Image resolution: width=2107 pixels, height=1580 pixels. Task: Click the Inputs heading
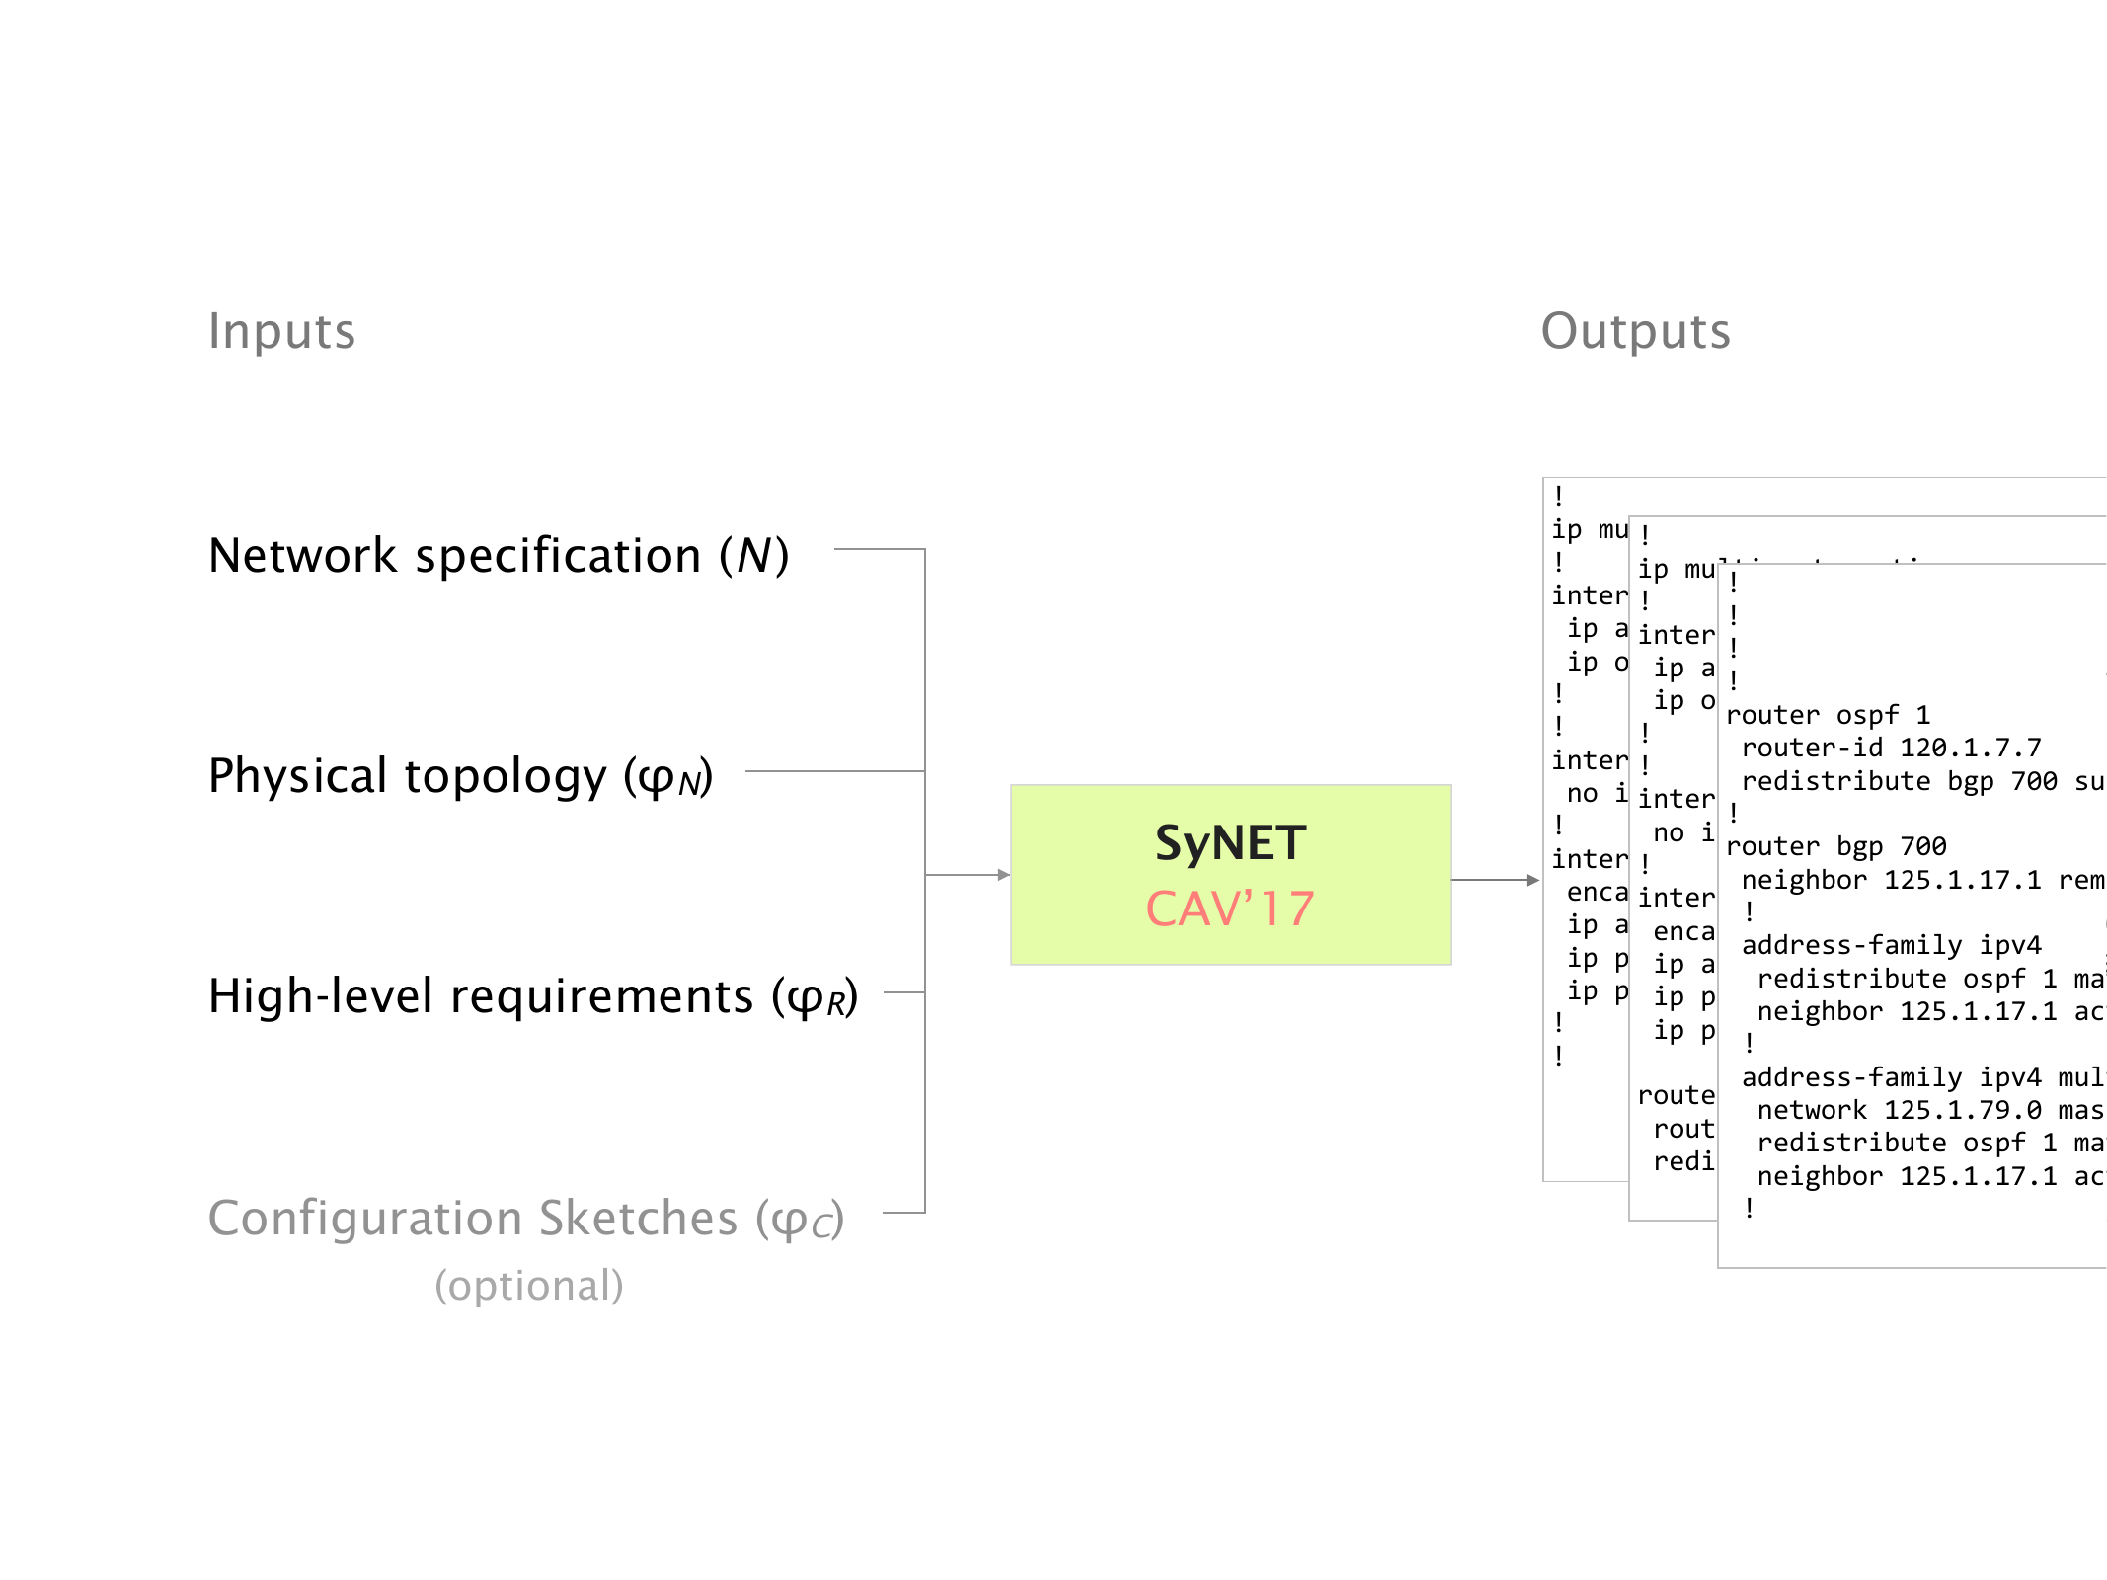pyautogui.click(x=281, y=331)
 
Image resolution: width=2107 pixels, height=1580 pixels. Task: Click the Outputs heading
pyautogui.click(x=1635, y=331)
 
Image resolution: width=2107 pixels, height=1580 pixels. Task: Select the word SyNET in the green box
pyautogui.click(x=1230, y=843)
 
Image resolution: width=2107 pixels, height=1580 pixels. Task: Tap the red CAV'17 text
pyautogui.click(x=1230, y=908)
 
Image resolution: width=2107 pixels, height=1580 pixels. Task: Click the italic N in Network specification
pyautogui.click(x=754, y=556)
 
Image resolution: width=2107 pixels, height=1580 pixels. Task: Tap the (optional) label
pyautogui.click(x=529, y=1285)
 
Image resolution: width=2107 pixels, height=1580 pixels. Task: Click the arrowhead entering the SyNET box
pyautogui.click(x=1004, y=875)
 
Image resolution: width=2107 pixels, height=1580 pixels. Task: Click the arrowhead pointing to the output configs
pyautogui.click(x=1533, y=880)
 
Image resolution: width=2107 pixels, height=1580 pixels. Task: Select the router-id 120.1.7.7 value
pyautogui.click(x=1970, y=749)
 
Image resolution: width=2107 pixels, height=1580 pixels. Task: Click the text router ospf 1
pyautogui.click(x=1828, y=715)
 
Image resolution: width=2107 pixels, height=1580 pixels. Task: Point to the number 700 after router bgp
pyautogui.click(x=1923, y=846)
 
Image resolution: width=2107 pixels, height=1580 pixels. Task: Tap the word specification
pyautogui.click(x=558, y=556)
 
